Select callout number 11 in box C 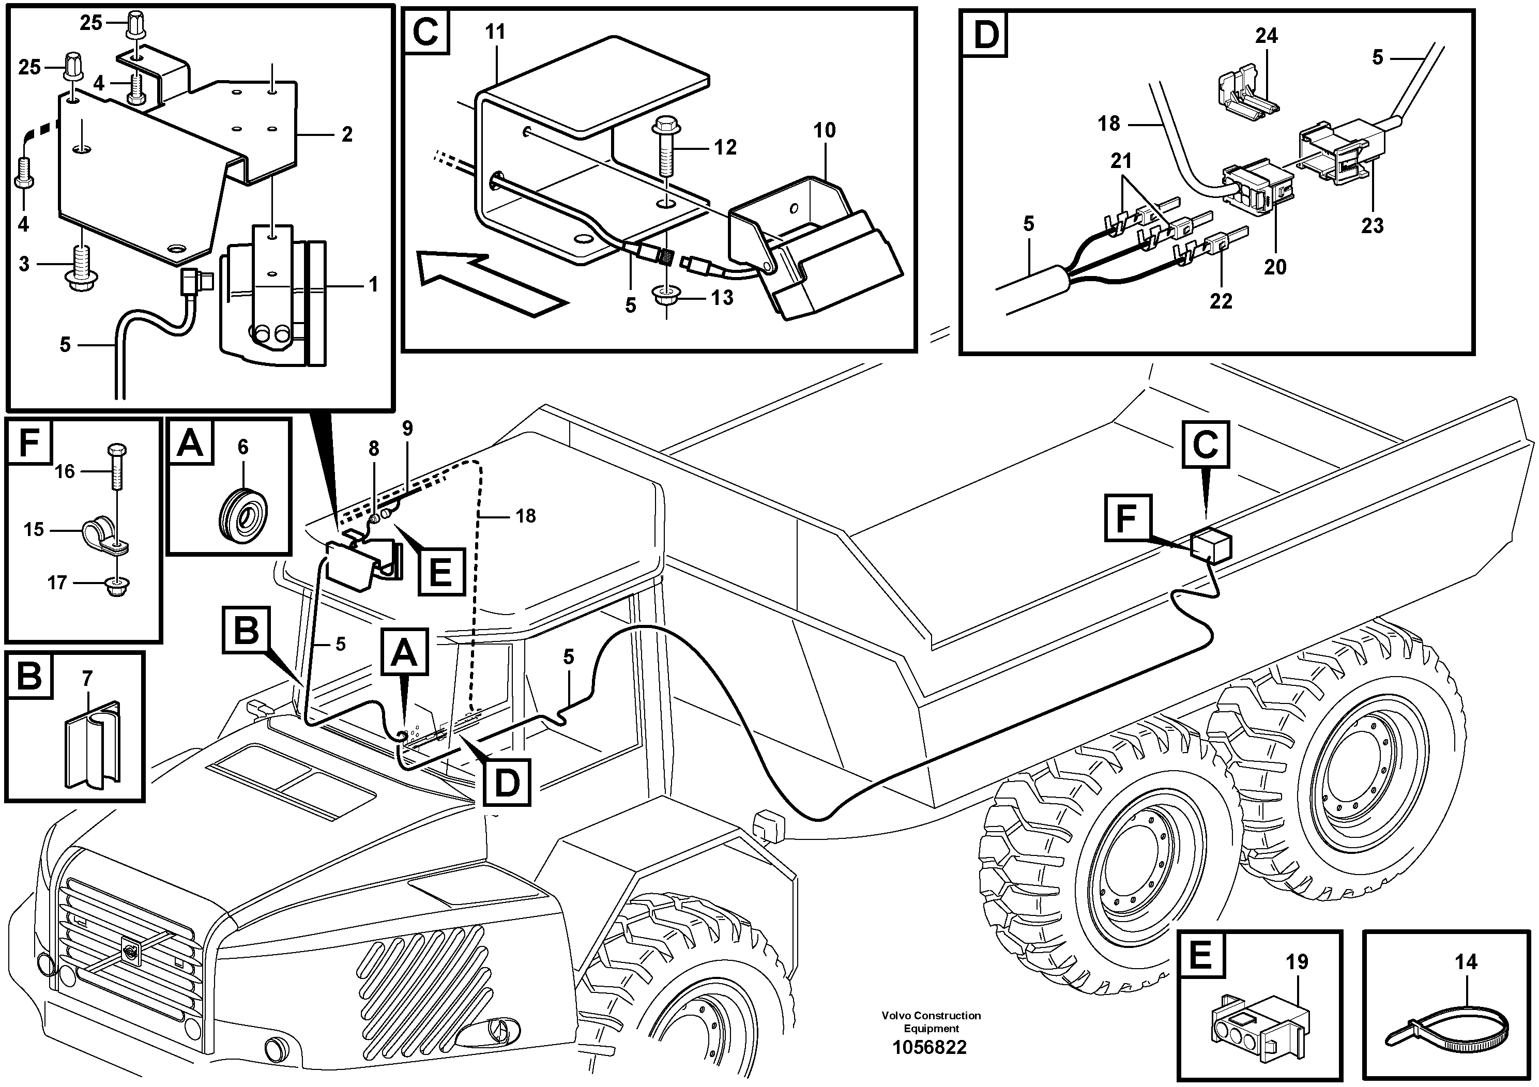click(495, 32)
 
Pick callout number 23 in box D click(1372, 225)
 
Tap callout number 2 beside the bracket click(346, 135)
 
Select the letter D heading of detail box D click(985, 34)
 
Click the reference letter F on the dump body click(1127, 519)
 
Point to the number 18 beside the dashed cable click(526, 515)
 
